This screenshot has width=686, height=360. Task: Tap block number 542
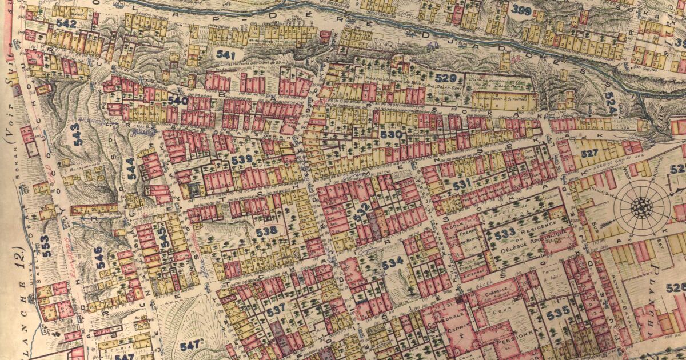point(66,23)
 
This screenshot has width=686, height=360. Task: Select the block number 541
point(226,55)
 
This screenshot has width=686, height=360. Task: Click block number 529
point(445,78)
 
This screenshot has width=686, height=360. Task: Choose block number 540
point(178,100)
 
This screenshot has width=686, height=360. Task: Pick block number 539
point(241,159)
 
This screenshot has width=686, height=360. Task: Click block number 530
point(391,134)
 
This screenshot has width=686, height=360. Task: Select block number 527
point(589,153)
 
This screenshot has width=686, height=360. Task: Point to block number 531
point(461,183)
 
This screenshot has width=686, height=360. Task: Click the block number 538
point(266,230)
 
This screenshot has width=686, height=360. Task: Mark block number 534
point(393,263)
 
